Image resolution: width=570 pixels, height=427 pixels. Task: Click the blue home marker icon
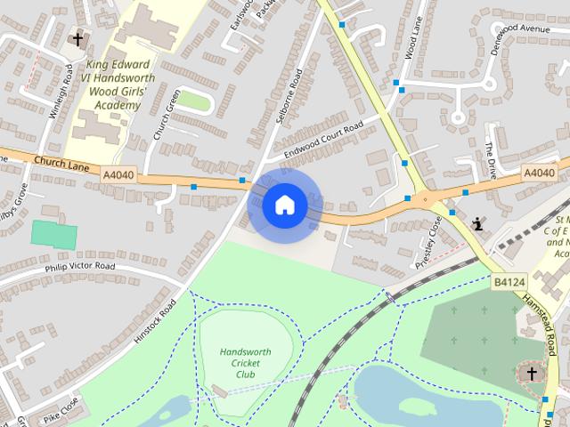click(285, 205)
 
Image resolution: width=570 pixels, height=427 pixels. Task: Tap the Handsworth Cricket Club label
click(244, 363)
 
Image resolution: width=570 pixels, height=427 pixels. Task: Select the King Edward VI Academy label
click(118, 85)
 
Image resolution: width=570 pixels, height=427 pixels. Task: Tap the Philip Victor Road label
click(80, 267)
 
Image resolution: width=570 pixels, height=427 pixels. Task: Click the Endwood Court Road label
click(323, 141)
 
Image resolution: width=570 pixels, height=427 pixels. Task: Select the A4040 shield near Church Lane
click(118, 175)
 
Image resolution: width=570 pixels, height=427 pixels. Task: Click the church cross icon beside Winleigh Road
click(77, 39)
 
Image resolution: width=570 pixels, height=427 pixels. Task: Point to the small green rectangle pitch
click(54, 234)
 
